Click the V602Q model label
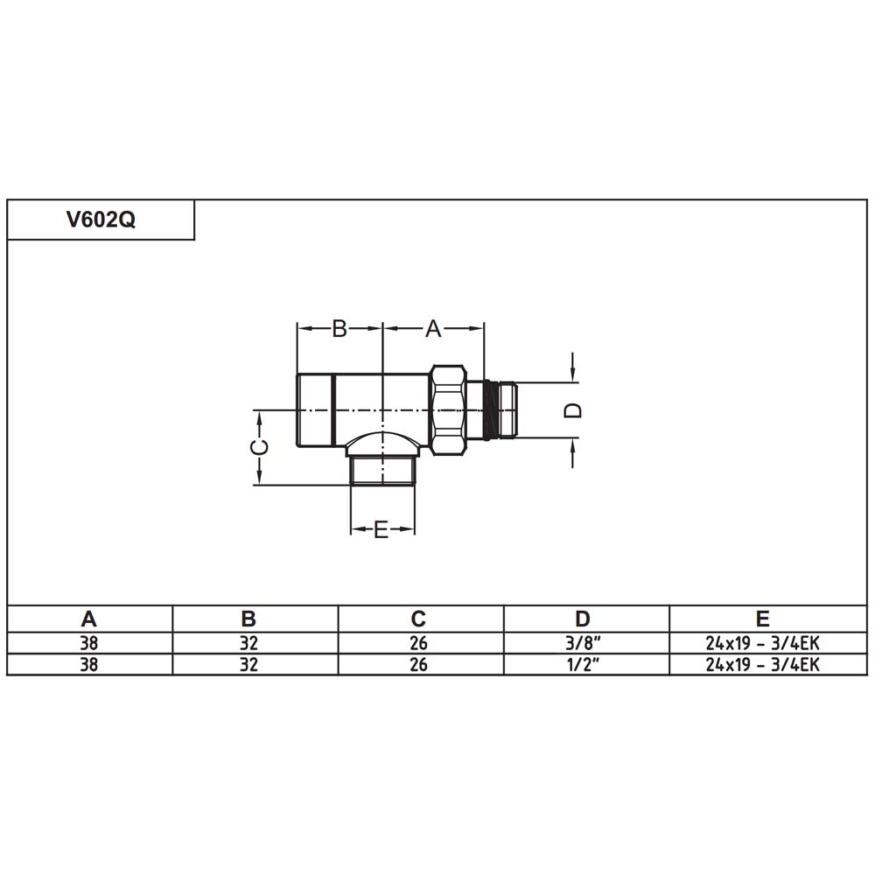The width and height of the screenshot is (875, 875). pos(101,220)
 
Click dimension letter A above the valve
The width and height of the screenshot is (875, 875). pos(433,329)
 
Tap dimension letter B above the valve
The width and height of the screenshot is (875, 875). pos(339,329)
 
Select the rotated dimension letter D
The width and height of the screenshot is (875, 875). pos(573,410)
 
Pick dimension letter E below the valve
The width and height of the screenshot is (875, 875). pos(381,529)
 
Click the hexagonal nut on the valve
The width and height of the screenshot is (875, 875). pos(449,410)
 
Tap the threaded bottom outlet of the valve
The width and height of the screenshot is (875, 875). pos(383,471)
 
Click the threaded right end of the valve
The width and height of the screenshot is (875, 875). pos(501,410)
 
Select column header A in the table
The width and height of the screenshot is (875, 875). pos(88,619)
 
